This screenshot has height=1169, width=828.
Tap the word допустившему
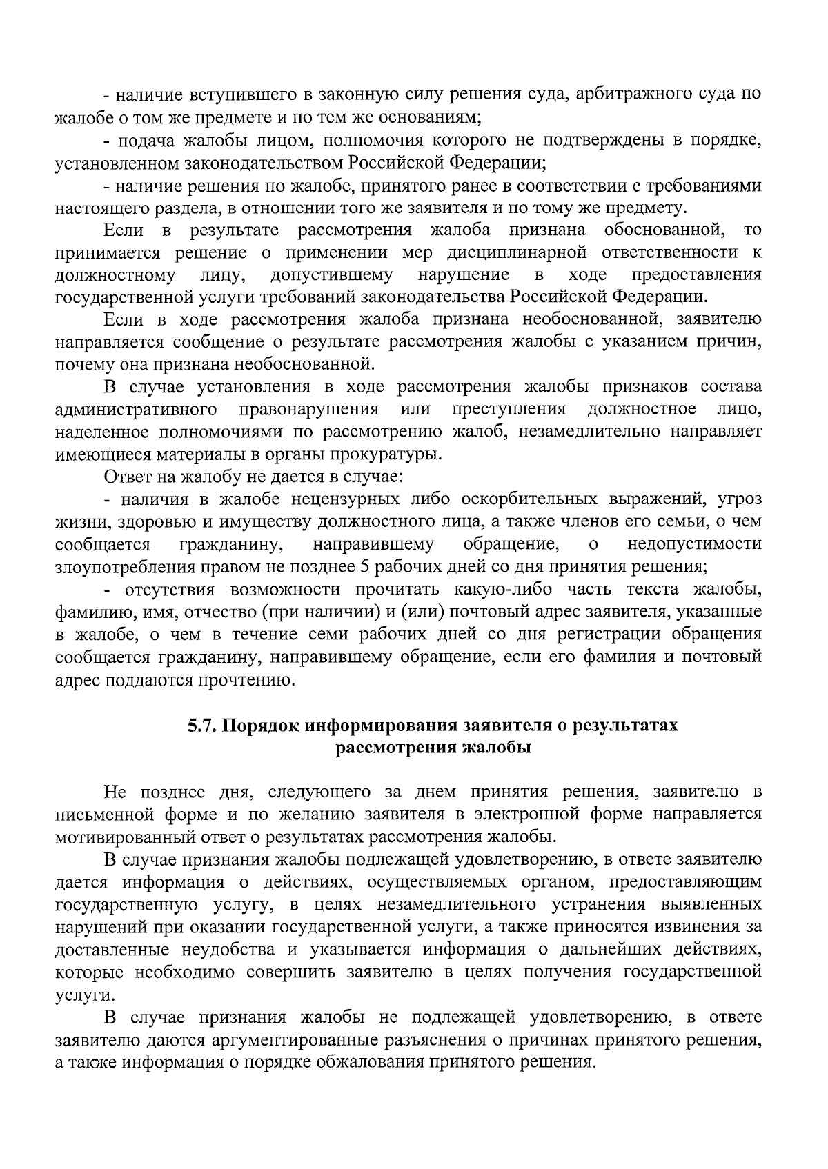click(x=331, y=274)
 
